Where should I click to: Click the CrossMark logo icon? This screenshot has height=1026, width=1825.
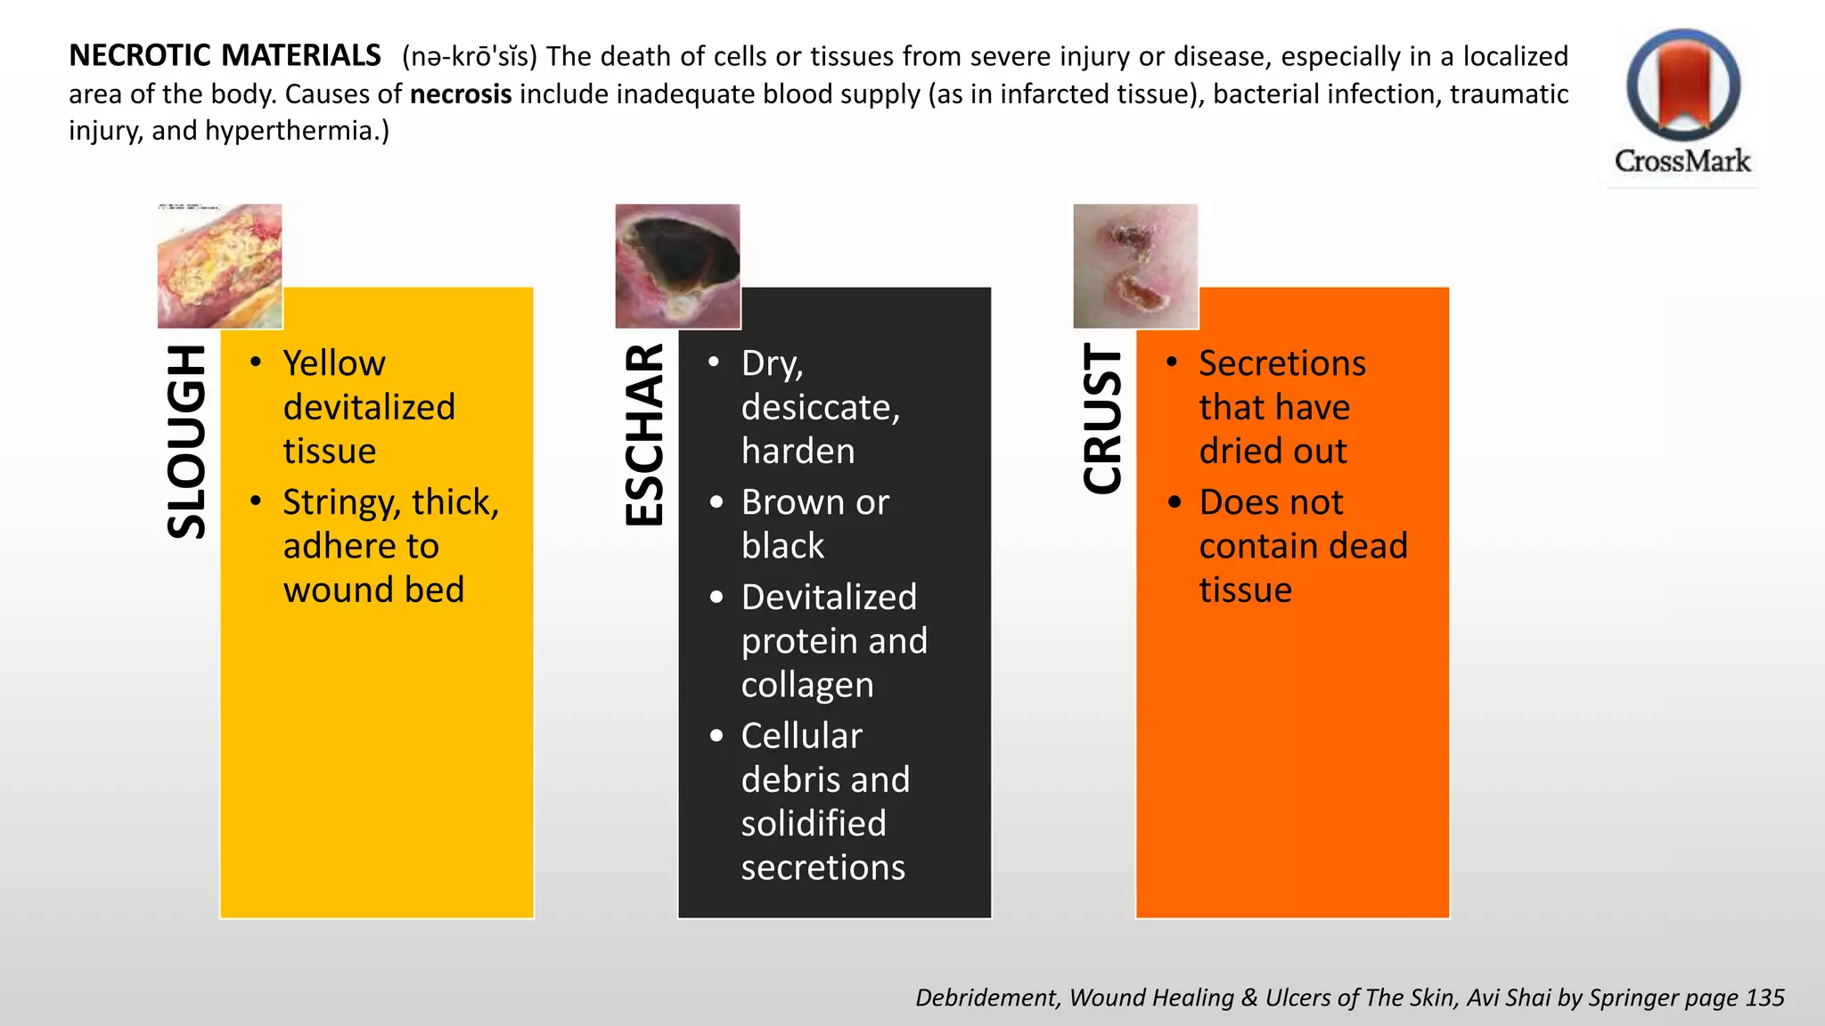coord(1682,86)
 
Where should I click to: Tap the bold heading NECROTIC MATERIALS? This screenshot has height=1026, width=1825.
coord(225,56)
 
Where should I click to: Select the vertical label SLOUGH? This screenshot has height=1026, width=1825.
coord(187,442)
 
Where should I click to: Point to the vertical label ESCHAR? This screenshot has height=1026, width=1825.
coord(644,435)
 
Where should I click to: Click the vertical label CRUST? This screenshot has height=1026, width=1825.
coord(1102,419)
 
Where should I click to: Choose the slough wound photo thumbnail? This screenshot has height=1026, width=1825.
coord(220,266)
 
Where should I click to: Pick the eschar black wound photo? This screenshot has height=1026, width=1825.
coord(677,266)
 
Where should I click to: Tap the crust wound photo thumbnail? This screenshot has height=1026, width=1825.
coord(1135,266)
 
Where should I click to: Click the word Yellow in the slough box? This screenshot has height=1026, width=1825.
coord(334,363)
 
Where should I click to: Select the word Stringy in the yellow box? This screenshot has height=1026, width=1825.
coord(340,503)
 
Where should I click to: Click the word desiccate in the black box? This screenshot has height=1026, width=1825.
coord(819,408)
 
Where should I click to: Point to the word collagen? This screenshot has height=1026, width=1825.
coord(807,685)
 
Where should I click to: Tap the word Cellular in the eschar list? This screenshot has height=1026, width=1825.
coord(801,737)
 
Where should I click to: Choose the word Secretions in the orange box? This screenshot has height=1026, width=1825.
coord(1281,363)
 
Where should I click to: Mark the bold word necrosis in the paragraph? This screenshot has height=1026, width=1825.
coord(461,94)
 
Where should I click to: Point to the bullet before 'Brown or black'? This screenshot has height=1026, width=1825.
coord(716,502)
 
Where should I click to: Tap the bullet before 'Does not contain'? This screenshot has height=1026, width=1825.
coord(1174,502)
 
